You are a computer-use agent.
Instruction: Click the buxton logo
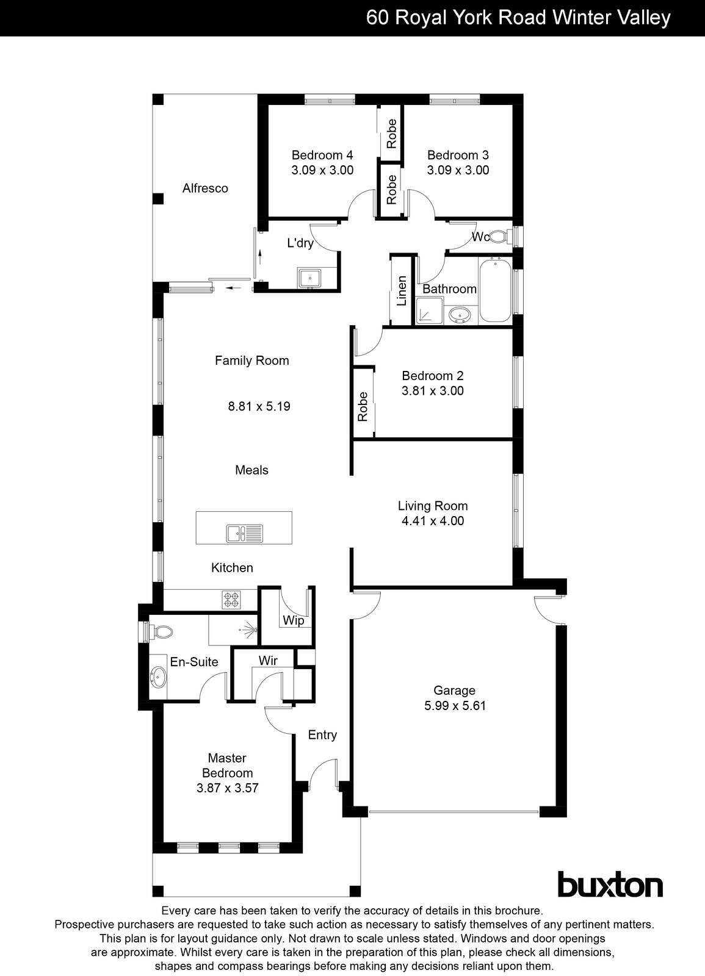[610, 884]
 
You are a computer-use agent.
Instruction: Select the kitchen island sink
[244, 533]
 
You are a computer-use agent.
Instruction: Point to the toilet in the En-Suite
[160, 631]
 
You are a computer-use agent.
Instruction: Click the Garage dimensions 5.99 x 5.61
[455, 706]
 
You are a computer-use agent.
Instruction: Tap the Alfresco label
[205, 188]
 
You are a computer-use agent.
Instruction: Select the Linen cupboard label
[402, 290]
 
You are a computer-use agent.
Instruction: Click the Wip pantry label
[293, 621]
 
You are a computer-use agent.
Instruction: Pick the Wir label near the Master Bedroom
[268, 661]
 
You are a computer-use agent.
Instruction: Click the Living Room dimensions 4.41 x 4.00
[433, 521]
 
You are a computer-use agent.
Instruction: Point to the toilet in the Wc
[500, 237]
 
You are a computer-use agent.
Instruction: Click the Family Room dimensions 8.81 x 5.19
[259, 406]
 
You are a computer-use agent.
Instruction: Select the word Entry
[322, 735]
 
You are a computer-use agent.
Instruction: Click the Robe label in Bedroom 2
[363, 406]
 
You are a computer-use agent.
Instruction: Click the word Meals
[251, 470]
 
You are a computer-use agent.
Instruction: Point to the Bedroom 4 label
[322, 155]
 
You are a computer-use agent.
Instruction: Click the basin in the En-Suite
[158, 677]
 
